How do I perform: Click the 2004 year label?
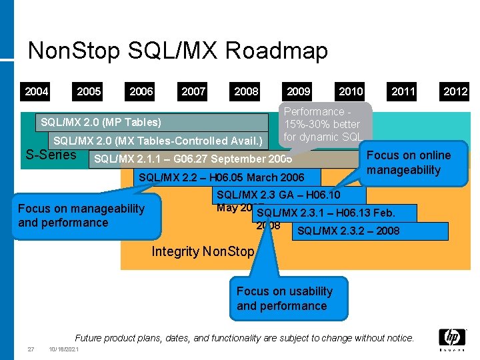click(x=37, y=91)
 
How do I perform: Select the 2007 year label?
click(x=193, y=91)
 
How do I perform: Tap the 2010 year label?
click(x=351, y=91)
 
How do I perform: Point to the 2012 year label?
click(x=455, y=91)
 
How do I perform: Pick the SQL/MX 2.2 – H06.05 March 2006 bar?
click(x=221, y=178)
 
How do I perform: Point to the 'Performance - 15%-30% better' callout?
click(x=323, y=124)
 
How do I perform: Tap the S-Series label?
click(x=50, y=155)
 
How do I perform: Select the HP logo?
click(x=451, y=339)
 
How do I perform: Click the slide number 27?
click(x=31, y=350)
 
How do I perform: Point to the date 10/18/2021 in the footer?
click(x=64, y=350)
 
